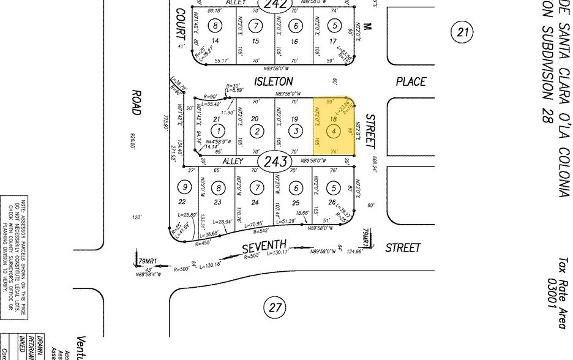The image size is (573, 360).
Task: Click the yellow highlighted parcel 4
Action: (x=334, y=126)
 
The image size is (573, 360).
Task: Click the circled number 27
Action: (x=274, y=307)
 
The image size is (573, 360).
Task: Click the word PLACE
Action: (x=410, y=81)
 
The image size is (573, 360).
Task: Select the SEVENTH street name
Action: (x=264, y=248)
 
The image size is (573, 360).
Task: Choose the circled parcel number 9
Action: (x=182, y=187)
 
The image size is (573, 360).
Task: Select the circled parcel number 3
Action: (x=296, y=130)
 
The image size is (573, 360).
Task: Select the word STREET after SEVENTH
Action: (x=403, y=248)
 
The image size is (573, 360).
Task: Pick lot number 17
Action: (x=334, y=41)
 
